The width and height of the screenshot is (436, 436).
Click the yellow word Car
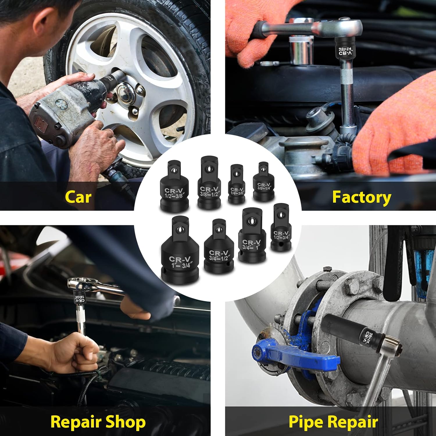click(x=78, y=197)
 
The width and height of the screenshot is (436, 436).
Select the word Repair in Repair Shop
click(x=75, y=422)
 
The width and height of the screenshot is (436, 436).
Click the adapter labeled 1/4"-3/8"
click(x=237, y=185)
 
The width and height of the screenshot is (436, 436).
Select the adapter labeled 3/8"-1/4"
click(x=264, y=183)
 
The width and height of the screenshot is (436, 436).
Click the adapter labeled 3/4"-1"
click(x=252, y=237)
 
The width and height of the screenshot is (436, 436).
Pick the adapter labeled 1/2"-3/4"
click(x=281, y=229)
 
